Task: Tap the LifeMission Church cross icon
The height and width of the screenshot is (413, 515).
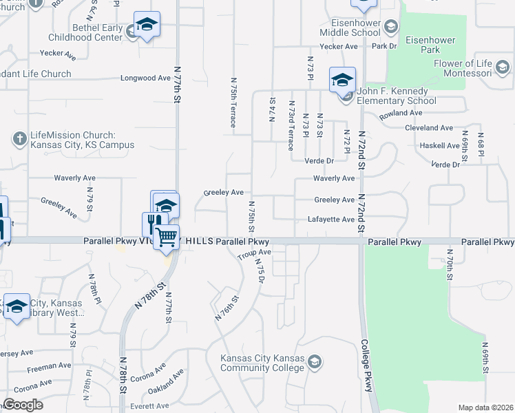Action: (x=19, y=139)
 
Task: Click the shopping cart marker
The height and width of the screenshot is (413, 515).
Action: (x=167, y=238)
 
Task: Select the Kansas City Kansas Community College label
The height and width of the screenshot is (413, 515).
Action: (x=262, y=363)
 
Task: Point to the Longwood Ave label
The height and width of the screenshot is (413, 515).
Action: (x=145, y=78)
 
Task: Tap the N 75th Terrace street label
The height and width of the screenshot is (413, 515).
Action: (x=233, y=102)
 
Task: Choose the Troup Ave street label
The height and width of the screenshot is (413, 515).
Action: (x=255, y=254)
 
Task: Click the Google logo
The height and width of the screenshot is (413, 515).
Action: (x=23, y=404)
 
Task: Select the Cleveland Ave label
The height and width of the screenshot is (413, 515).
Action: (x=429, y=128)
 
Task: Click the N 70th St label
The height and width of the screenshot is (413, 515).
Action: (x=448, y=264)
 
